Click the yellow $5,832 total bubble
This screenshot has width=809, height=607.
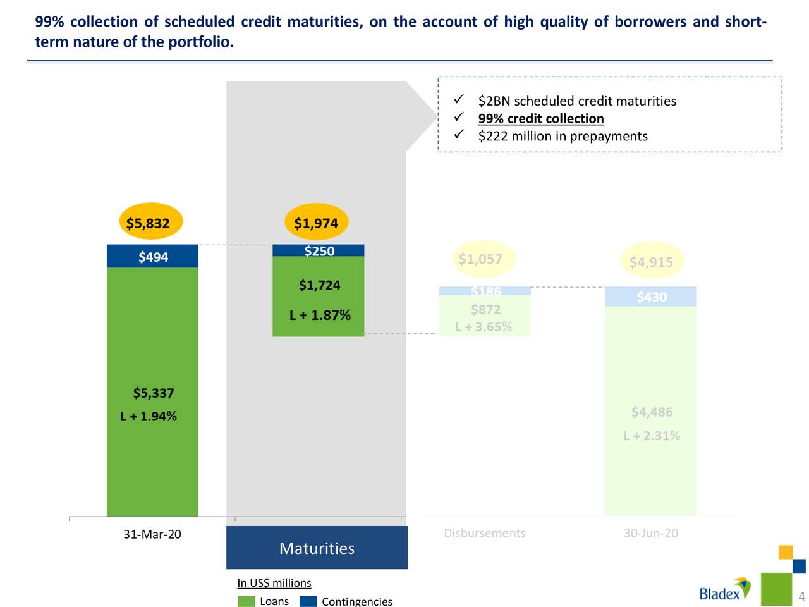coord(150,223)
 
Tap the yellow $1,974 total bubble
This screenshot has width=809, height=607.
coord(316,223)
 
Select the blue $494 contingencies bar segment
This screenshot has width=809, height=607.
coord(152,256)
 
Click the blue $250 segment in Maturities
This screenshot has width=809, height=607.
coord(319,250)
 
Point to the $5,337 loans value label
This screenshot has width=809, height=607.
coord(153,393)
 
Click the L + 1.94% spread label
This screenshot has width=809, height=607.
coord(149,416)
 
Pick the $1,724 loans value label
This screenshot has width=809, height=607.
coord(319,285)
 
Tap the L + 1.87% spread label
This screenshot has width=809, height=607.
coord(320,315)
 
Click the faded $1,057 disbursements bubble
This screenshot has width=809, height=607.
coord(481,259)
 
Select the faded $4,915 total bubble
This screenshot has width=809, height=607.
coord(651,261)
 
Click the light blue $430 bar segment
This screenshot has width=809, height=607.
coord(651,297)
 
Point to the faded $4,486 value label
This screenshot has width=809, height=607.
coord(652,412)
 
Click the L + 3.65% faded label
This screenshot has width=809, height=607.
coord(484,327)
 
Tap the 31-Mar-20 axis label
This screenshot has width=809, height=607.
coord(152,534)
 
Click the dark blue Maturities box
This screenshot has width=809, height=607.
coord(317,548)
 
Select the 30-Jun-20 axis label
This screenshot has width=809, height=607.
coord(650,533)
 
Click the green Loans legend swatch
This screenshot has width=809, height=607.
coord(246,601)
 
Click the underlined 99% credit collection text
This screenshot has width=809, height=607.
coord(541,118)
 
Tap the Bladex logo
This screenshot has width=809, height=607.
coord(724,589)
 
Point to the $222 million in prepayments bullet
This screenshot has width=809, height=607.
coord(563,136)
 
